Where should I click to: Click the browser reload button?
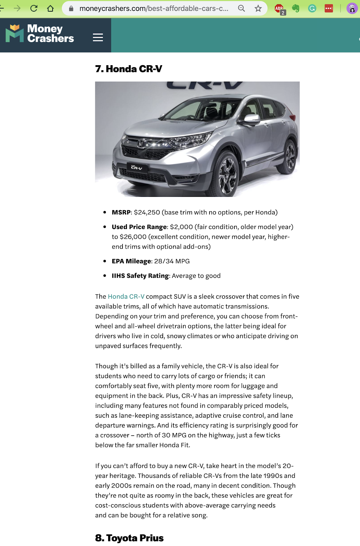(33, 8)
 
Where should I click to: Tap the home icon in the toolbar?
(51, 8)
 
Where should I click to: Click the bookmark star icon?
(258, 8)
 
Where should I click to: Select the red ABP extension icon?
(279, 9)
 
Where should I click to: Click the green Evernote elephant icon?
(296, 8)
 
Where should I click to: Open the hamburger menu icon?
(98, 37)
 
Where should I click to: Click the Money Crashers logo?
(40, 33)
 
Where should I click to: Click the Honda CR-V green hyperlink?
(126, 296)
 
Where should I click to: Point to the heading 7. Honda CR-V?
(129, 69)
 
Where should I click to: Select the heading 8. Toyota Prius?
(129, 538)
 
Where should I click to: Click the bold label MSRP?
(121, 212)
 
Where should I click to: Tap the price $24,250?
(147, 212)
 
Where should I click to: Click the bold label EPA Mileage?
(131, 261)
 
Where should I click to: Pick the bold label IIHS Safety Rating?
(140, 276)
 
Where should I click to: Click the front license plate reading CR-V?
(137, 168)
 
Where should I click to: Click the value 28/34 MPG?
(172, 261)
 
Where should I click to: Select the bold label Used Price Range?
(139, 227)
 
